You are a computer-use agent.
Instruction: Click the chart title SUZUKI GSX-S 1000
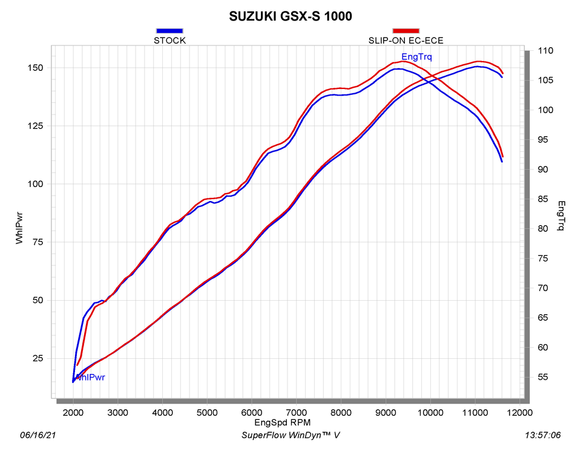point(290,16)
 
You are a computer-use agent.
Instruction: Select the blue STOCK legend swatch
point(169,30)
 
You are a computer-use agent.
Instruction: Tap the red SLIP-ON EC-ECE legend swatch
point(406,30)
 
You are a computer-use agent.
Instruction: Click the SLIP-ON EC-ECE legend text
point(406,41)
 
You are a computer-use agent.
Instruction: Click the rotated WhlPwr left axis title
point(21,228)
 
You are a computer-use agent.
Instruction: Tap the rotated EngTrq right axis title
point(561,216)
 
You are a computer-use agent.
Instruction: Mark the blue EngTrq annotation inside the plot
point(417,57)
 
